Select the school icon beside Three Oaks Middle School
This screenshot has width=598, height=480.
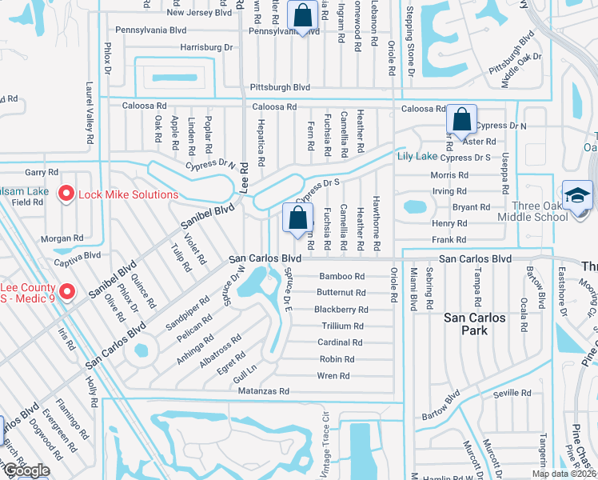(x=577, y=195)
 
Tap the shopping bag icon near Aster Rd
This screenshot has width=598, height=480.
(x=461, y=121)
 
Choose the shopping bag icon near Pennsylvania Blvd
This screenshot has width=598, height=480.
(x=303, y=15)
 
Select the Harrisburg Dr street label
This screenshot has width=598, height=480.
(x=206, y=48)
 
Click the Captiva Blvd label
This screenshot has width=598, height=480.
(x=77, y=255)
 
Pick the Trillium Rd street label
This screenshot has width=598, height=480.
(x=342, y=326)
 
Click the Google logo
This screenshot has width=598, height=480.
(x=26, y=471)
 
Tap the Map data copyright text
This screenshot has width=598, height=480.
(x=563, y=474)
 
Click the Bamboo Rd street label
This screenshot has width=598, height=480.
(x=342, y=276)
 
